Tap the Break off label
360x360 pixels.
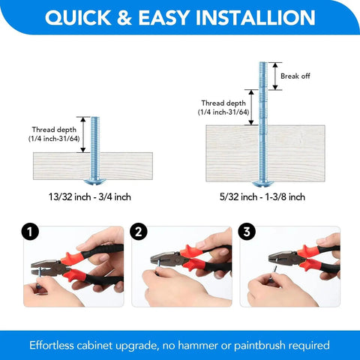(x=294, y=76)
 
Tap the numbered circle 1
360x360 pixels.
(x=28, y=232)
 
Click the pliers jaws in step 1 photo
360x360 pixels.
(x=39, y=268)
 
